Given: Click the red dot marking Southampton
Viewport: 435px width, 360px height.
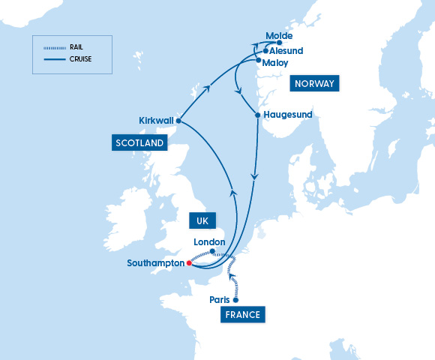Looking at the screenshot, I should coord(189,263).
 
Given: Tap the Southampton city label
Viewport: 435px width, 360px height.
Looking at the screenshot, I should coord(154,263).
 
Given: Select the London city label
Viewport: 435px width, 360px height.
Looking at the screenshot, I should coord(209,241).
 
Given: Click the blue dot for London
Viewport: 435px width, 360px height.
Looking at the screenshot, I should coord(213,251).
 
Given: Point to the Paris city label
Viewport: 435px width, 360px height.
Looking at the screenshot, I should coord(220,300).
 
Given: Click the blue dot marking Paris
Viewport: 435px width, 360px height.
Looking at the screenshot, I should coord(235,300).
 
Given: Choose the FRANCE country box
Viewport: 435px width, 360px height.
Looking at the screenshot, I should coord(243,315).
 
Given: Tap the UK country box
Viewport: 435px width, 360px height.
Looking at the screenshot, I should coord(202,221).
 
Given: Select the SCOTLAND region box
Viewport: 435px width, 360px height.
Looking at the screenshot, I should coord(139,142).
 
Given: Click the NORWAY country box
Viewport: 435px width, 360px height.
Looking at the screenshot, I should coord(314,83).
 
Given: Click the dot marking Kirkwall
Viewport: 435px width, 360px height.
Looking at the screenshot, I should coord(178,120).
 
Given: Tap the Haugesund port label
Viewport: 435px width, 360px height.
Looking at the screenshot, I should coord(288,115).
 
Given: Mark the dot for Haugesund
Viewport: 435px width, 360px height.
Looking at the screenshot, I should coord(257,115).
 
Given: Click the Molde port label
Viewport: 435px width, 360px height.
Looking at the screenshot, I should coord(279,35).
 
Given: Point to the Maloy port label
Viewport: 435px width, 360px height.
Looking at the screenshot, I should coord(275,63).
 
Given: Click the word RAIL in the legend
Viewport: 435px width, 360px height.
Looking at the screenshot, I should coord(76,46).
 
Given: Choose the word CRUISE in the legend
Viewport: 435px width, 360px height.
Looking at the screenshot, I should coord(80,58).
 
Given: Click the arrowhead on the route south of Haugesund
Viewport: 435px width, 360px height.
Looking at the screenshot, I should coord(254,178).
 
